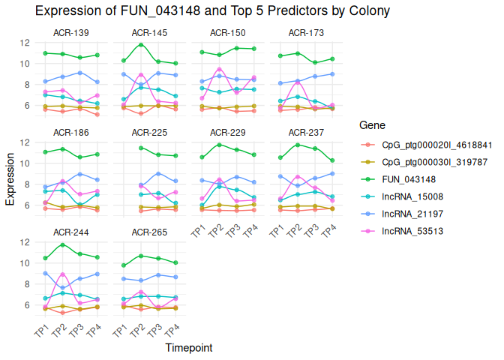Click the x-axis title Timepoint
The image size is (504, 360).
[x=188, y=348]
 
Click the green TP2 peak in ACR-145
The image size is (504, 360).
[x=140, y=45]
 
